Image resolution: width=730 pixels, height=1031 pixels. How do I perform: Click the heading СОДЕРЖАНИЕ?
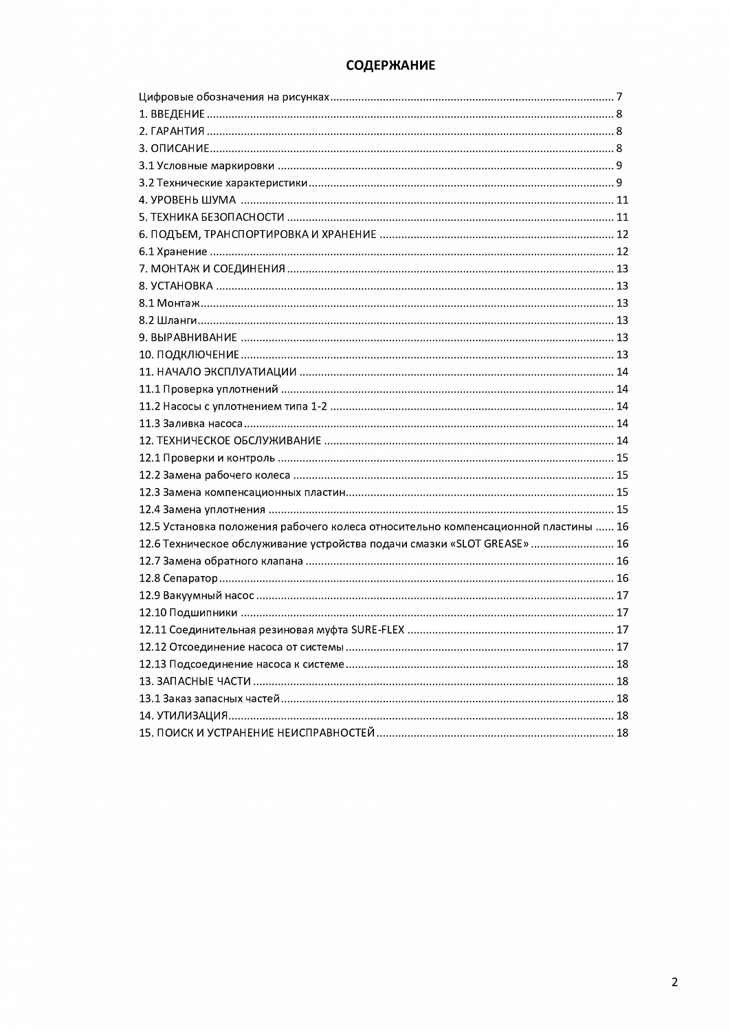click(x=390, y=66)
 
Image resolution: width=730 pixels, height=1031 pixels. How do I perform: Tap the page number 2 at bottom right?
click(x=674, y=982)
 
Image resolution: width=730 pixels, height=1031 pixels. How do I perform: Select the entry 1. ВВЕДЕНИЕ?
click(x=172, y=114)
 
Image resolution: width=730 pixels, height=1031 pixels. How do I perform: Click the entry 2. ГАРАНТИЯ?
click(x=172, y=131)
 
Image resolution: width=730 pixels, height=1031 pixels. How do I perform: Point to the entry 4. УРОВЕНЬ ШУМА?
click(x=187, y=200)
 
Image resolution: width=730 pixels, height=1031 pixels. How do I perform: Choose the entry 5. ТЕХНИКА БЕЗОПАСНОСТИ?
click(x=211, y=217)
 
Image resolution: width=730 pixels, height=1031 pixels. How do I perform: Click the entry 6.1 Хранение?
click(x=173, y=252)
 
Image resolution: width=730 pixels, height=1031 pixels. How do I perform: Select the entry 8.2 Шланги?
click(x=168, y=320)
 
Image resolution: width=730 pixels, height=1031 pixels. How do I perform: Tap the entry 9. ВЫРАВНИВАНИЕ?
click(x=188, y=337)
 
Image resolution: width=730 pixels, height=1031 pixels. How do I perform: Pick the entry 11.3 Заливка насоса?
click(x=191, y=423)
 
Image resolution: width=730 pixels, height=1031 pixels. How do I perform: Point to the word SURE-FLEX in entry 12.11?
click(x=377, y=630)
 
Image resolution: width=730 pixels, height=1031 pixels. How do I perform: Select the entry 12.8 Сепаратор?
click(x=178, y=578)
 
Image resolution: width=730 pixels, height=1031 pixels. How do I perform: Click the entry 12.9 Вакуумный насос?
click(x=197, y=595)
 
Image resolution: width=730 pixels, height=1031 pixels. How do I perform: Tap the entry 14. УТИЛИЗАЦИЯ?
click(x=184, y=716)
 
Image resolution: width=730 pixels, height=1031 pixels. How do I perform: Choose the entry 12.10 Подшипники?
click(x=188, y=612)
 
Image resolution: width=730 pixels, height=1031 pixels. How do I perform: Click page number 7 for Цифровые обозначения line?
click(x=619, y=97)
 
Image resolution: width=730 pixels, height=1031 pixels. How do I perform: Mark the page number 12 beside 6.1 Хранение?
click(x=622, y=252)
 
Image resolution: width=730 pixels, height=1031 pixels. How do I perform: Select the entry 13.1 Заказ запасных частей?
click(x=210, y=698)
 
